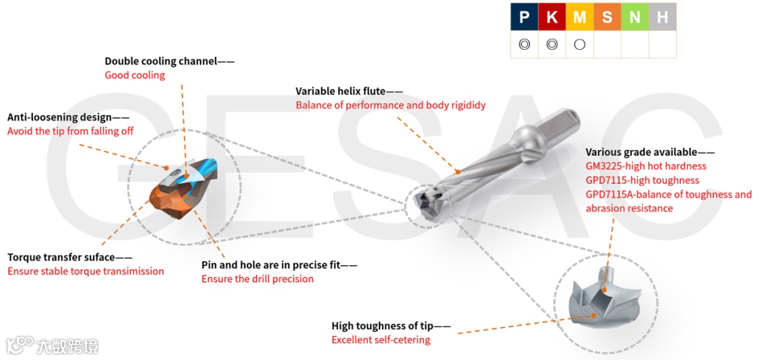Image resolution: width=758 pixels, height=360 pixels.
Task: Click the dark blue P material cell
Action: (524, 18)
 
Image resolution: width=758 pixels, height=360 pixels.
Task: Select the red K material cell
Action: (552, 18)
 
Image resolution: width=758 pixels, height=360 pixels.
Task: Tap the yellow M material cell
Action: (580, 18)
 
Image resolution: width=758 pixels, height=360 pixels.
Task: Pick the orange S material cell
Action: (607, 18)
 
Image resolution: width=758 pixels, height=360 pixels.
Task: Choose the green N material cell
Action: (634, 18)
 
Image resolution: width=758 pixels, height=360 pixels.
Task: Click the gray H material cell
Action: (663, 18)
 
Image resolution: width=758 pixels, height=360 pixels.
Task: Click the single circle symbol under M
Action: (580, 45)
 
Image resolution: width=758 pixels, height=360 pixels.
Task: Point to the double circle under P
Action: (524, 45)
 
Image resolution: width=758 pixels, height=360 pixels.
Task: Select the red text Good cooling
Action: (135, 75)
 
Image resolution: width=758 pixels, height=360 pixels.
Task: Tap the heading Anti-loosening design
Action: (60, 117)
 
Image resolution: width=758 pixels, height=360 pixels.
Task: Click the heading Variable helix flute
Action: (340, 91)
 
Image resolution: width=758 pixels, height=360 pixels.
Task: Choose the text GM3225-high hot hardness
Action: (646, 166)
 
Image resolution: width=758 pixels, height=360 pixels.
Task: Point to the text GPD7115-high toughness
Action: (642, 180)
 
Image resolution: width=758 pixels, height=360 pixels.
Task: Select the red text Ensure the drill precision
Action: (258, 279)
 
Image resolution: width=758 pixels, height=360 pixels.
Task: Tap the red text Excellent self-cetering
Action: (381, 340)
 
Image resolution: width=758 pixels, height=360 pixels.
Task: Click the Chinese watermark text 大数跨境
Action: (67, 346)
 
